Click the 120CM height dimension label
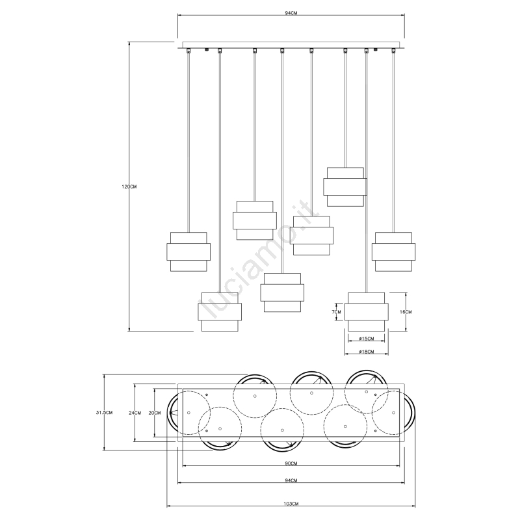(129, 187)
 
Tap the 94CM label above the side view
(291, 13)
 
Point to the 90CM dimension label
(291, 463)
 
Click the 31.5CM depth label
(104, 413)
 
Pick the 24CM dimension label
(135, 413)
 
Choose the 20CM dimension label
(155, 413)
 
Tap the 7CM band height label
(336, 312)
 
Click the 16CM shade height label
(405, 312)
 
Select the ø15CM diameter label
(367, 339)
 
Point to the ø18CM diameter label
(367, 352)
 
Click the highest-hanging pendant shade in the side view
(345, 187)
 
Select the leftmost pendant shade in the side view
(188, 252)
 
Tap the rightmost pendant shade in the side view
(394, 252)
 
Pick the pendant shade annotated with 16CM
(367, 312)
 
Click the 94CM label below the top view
(291, 480)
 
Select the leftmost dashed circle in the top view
(188, 413)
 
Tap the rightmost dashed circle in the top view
(393, 413)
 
